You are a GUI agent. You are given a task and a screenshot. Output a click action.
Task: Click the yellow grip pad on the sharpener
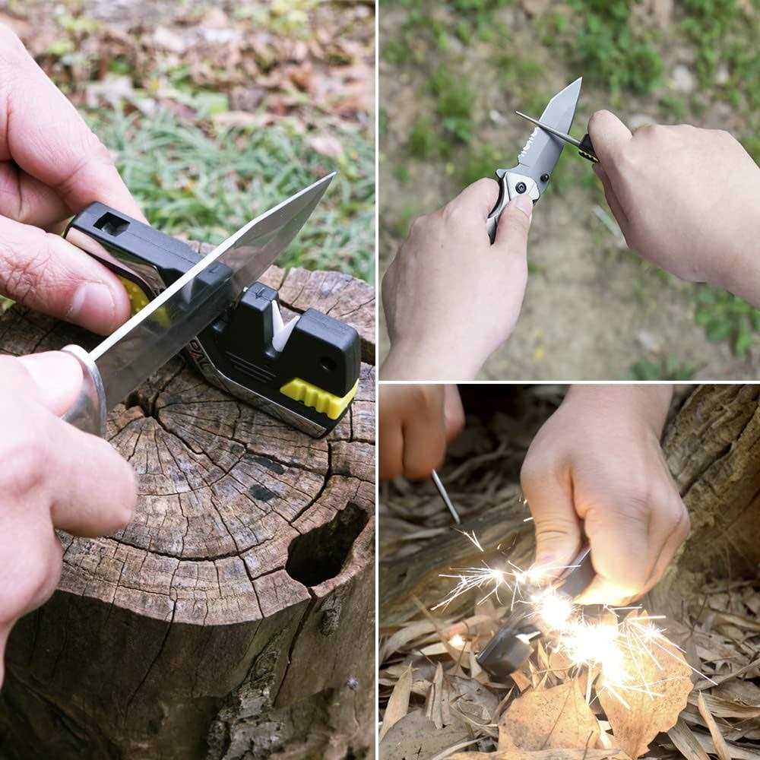pos(319,397)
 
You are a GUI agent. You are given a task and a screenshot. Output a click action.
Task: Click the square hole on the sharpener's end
pos(112,223)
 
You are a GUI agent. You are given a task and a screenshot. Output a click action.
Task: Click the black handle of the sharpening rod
pos(587,147)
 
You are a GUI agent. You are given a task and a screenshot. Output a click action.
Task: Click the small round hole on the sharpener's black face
pos(328,365)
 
